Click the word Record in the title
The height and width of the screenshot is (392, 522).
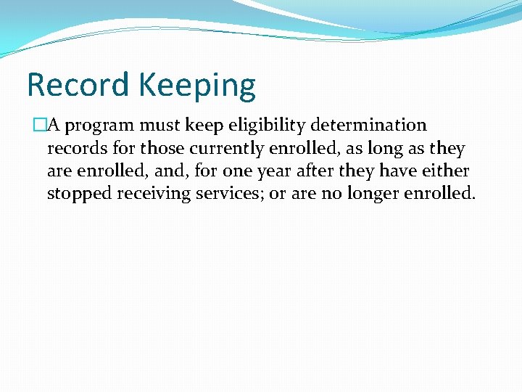point(78,85)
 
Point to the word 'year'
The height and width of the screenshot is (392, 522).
point(275,172)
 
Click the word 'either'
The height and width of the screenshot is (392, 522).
point(446,171)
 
